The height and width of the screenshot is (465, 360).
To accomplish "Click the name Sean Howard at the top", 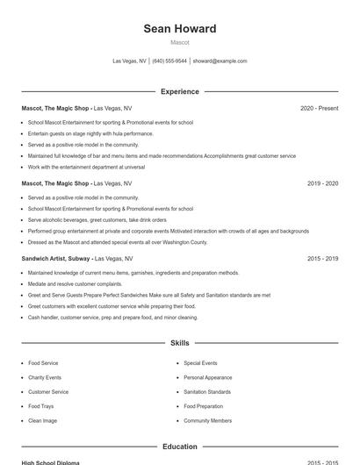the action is (x=179, y=29).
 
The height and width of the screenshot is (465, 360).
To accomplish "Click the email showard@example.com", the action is (x=220, y=61).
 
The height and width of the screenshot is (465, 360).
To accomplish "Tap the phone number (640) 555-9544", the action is (x=169, y=61).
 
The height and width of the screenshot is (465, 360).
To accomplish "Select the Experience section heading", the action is (x=179, y=91).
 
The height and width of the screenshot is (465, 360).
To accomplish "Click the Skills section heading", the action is (x=179, y=343).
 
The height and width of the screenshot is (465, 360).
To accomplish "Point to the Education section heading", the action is (x=179, y=447).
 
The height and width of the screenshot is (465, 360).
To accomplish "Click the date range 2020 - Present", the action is (x=319, y=108).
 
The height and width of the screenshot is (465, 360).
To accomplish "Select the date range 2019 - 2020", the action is (x=322, y=183).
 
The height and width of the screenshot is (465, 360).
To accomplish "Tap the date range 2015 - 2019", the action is (x=322, y=259).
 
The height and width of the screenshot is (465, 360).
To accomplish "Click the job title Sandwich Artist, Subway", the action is (x=55, y=259).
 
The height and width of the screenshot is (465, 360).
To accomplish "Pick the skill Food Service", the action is (x=43, y=363).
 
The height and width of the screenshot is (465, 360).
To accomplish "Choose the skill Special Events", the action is (x=200, y=363).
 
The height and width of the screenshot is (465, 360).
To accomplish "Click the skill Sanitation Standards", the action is (x=207, y=392).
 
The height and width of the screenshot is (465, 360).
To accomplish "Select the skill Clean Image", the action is (x=42, y=421).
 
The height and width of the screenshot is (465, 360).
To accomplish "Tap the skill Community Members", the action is (x=207, y=421).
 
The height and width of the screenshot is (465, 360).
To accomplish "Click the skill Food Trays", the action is (x=40, y=406).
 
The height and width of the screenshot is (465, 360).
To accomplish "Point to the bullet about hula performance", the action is (x=90, y=133).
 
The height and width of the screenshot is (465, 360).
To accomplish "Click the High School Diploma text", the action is (x=50, y=462).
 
